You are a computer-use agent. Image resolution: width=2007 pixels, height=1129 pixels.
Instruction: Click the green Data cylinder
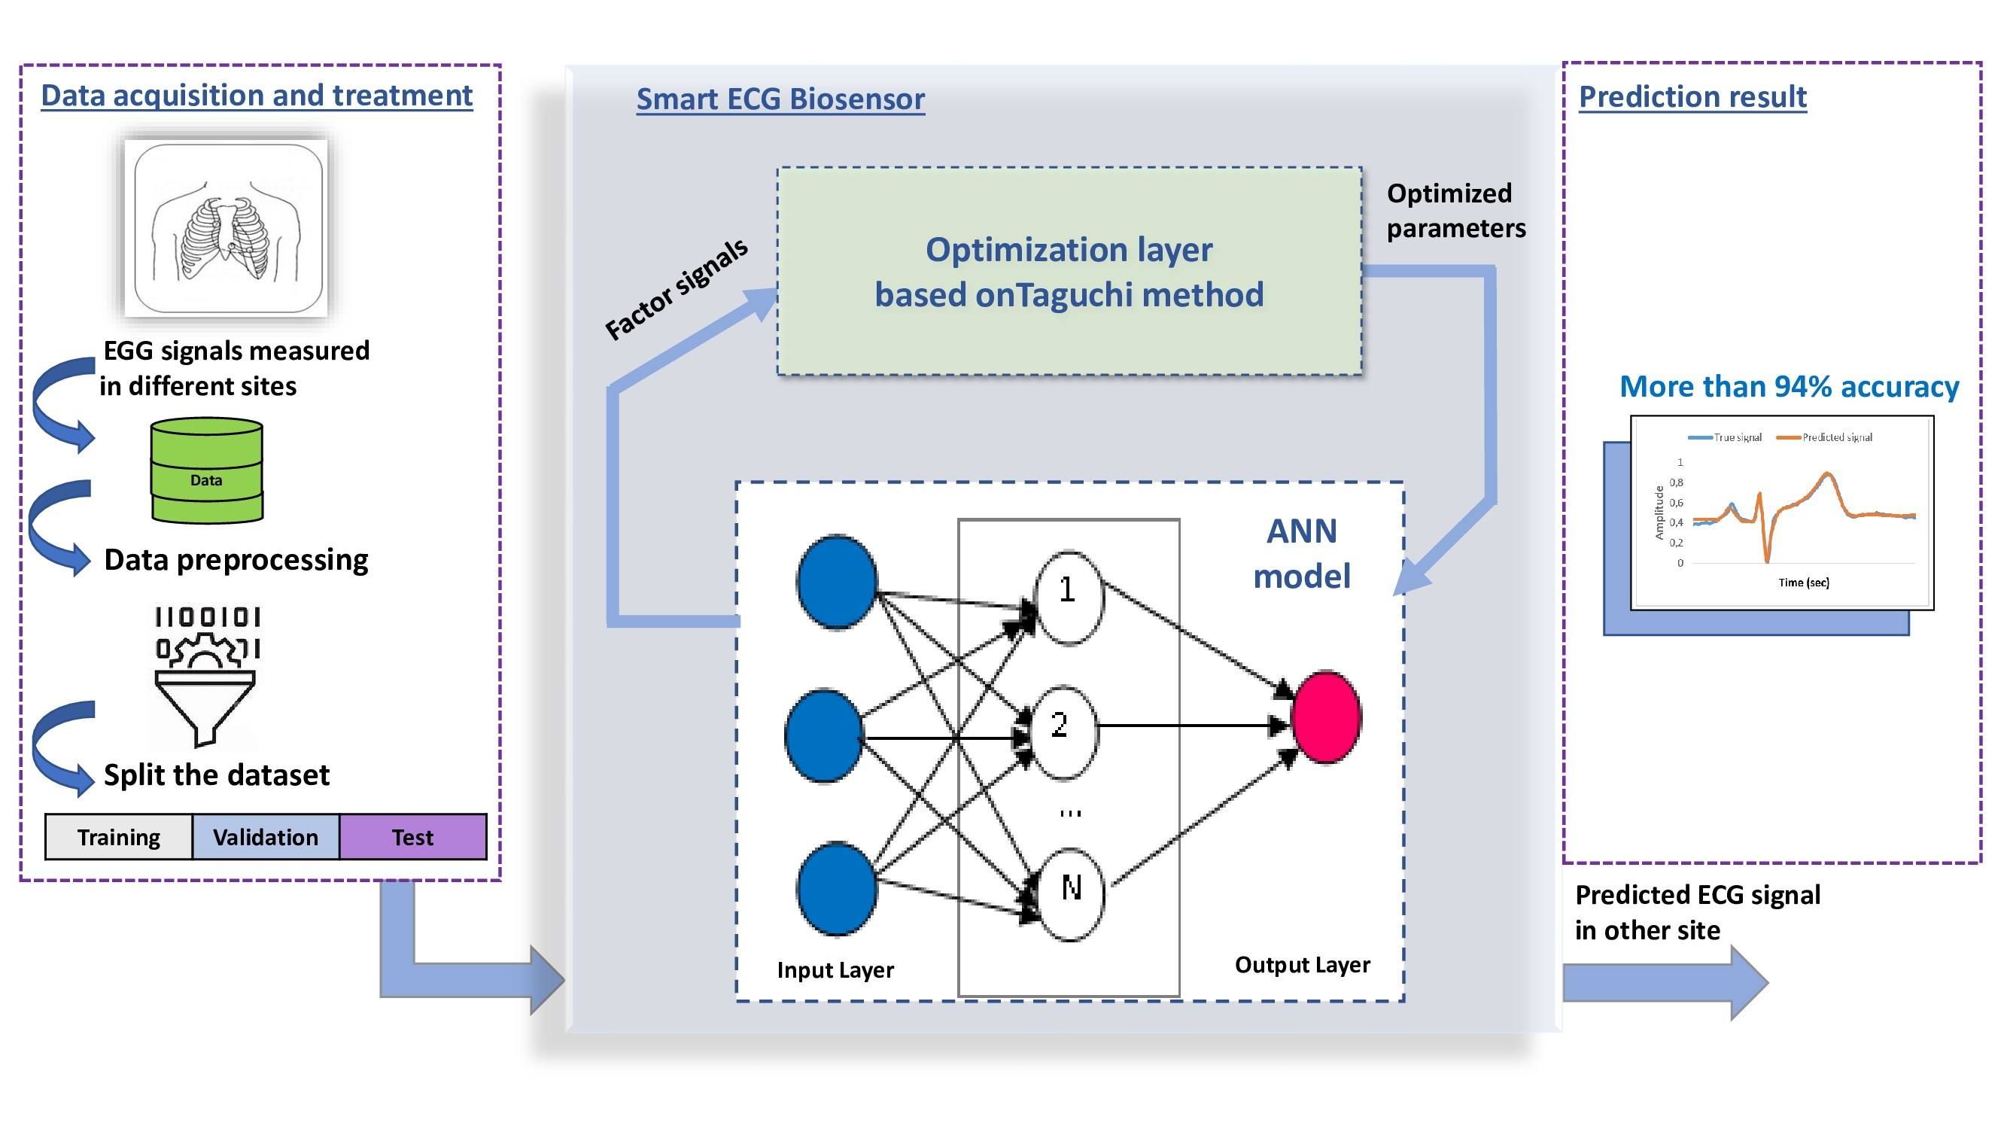click(206, 470)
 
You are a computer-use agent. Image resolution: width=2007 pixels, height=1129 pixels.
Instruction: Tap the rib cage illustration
click(227, 229)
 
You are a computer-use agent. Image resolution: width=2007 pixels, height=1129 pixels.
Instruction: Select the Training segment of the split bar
click(118, 837)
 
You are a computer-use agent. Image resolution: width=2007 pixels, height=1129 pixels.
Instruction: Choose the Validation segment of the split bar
click(266, 837)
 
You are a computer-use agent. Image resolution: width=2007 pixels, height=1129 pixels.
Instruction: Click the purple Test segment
click(413, 837)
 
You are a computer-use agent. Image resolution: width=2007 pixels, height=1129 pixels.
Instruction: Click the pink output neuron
click(1326, 717)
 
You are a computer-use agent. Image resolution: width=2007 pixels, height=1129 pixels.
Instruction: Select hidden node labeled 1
click(1068, 597)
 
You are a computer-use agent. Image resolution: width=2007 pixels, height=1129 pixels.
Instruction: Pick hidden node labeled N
click(1072, 893)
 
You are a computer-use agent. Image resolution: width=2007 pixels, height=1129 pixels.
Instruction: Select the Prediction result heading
click(1692, 96)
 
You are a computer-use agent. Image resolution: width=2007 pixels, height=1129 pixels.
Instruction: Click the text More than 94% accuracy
click(1789, 386)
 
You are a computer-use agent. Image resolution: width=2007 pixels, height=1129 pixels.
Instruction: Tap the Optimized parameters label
click(1455, 211)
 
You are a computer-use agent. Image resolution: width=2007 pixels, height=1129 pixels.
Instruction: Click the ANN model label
click(1302, 554)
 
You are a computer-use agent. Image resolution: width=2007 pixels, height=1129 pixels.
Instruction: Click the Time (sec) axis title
click(1803, 582)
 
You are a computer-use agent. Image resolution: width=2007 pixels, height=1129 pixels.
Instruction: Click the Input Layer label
click(835, 970)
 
